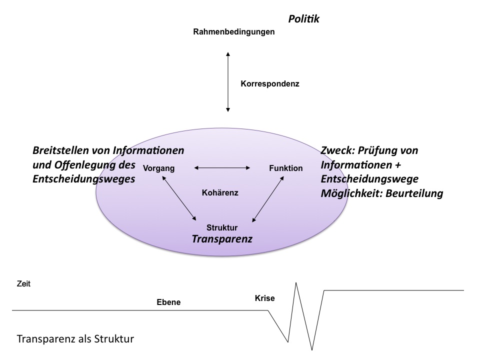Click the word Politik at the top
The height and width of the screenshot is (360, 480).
tap(303, 19)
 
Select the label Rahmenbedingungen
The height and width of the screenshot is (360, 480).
tap(234, 32)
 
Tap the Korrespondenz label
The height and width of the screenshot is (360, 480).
tap(269, 84)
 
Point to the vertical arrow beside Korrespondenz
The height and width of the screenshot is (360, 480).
tap(228, 81)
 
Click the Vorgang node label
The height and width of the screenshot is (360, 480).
tap(159, 168)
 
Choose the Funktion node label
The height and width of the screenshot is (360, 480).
tap(285, 168)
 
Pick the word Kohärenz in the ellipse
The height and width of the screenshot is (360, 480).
tap(220, 192)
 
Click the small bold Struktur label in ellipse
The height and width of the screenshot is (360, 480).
tap(222, 228)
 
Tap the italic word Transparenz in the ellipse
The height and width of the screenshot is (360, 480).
tap(222, 239)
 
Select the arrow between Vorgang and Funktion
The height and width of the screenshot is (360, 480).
tap(222, 168)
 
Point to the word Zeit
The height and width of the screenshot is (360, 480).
tap(23, 283)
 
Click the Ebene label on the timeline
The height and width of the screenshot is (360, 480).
tap(168, 302)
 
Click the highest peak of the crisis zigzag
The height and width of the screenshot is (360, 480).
tap(297, 283)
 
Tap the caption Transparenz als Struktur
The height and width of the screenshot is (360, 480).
tap(75, 338)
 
